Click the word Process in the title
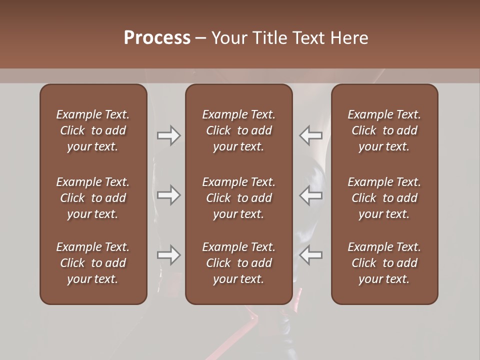(x=157, y=37)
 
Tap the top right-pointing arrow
(x=169, y=135)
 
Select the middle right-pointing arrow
(x=169, y=195)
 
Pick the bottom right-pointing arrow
(x=169, y=255)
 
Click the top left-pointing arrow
(x=310, y=135)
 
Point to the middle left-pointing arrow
(x=310, y=195)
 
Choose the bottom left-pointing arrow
(x=310, y=255)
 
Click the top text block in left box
(x=93, y=130)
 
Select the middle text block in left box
(x=93, y=198)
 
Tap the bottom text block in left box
(x=93, y=263)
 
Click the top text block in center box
(x=238, y=130)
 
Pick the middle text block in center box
(x=238, y=198)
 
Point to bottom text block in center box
(x=238, y=263)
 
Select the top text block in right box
(x=384, y=130)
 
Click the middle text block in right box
(x=384, y=198)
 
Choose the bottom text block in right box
(x=384, y=263)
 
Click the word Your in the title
(x=229, y=37)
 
